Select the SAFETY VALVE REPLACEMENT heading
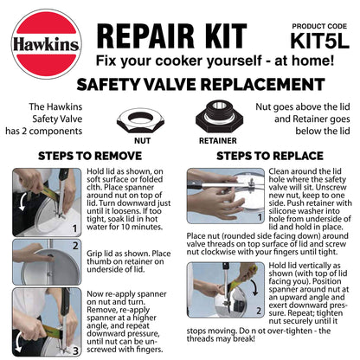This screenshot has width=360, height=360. [x=181, y=87]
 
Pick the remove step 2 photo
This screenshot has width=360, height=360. [x=35, y=260]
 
